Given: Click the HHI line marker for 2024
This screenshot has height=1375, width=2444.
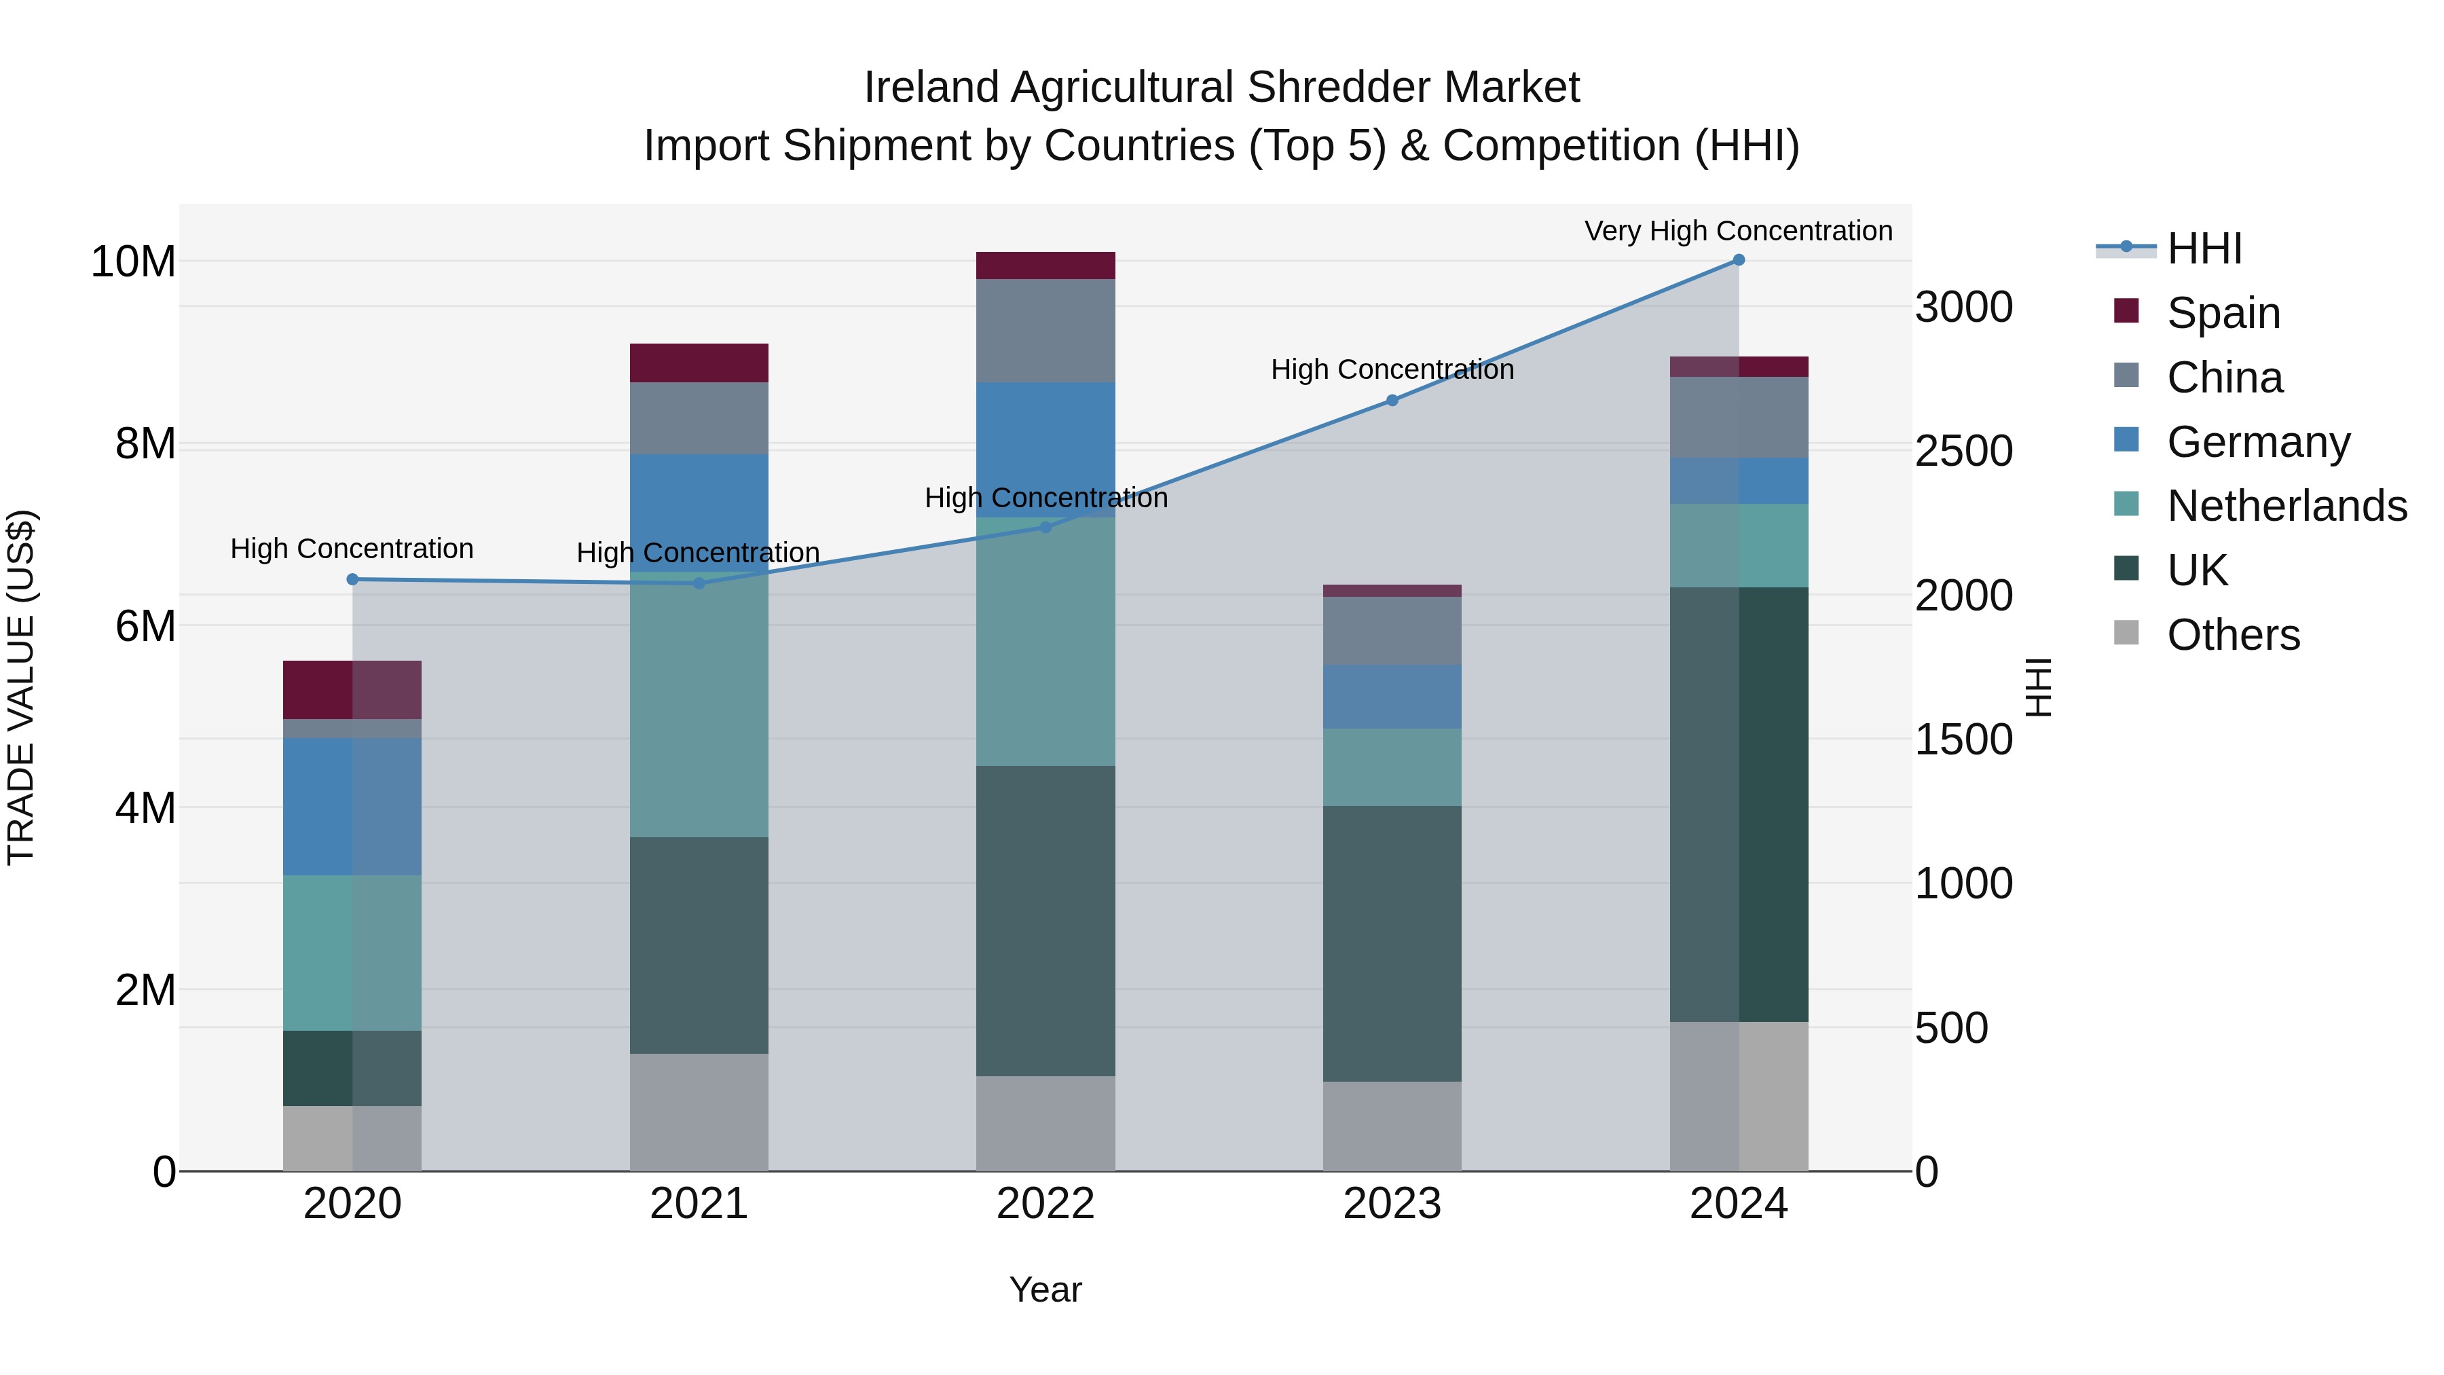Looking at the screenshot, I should point(1738,260).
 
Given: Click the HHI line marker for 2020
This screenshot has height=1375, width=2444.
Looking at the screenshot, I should point(352,579).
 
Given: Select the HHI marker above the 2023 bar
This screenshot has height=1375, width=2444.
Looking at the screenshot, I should point(1392,401).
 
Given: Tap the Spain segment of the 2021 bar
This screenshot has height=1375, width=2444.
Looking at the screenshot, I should point(699,363).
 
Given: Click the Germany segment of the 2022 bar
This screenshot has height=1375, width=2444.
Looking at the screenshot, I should point(1045,437).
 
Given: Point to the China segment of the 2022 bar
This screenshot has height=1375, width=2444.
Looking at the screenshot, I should point(1045,330).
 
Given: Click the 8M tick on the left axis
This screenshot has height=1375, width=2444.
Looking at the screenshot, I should point(145,443).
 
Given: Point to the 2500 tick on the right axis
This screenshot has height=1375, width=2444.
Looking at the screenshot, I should point(1963,451).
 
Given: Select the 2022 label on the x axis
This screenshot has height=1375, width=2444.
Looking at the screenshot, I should point(1045,1204).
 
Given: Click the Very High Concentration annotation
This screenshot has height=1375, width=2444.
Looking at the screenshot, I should point(1738,231).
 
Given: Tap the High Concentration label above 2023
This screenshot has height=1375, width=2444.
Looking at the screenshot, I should point(1392,369).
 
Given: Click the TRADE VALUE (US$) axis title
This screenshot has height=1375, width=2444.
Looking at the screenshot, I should point(21,687).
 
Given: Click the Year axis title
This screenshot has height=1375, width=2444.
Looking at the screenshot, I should point(1045,1289).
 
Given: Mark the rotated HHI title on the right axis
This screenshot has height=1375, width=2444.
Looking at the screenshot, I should point(2037,687).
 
